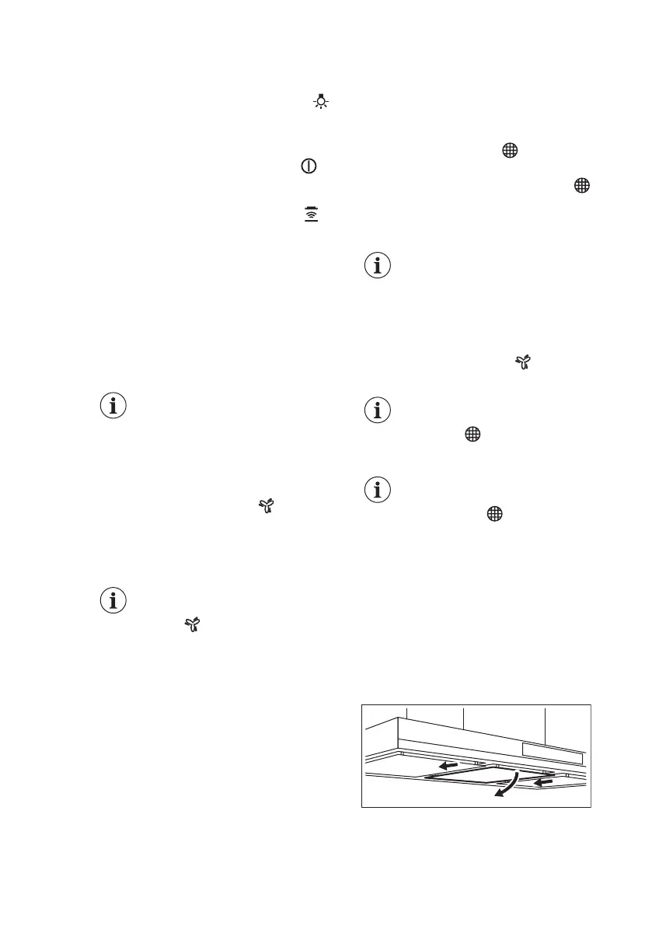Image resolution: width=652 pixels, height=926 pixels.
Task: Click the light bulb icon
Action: coord(319,103)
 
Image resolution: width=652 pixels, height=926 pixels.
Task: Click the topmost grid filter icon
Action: coord(510,152)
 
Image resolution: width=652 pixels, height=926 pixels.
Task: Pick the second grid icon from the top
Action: coord(581,185)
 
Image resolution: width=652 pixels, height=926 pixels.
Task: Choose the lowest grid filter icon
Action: coord(492,514)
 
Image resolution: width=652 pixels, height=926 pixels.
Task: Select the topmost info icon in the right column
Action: coord(378,267)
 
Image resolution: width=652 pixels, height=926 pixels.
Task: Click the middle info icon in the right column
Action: coord(378,410)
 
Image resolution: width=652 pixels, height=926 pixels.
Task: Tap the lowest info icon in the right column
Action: coord(378,491)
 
